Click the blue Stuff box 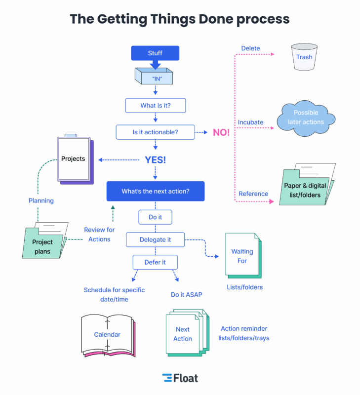(x=155, y=53)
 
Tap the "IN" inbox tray (x=155, y=77)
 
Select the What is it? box (x=156, y=106)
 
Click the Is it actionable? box (x=156, y=132)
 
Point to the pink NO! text (x=221, y=132)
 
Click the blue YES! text (x=156, y=159)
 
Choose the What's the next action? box (x=156, y=191)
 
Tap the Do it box (x=156, y=217)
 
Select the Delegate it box (x=156, y=239)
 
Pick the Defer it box (x=155, y=262)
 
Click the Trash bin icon (x=304, y=58)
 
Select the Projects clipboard (x=74, y=159)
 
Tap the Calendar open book (x=107, y=335)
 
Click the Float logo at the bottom (x=180, y=378)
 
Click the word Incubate (x=251, y=122)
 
